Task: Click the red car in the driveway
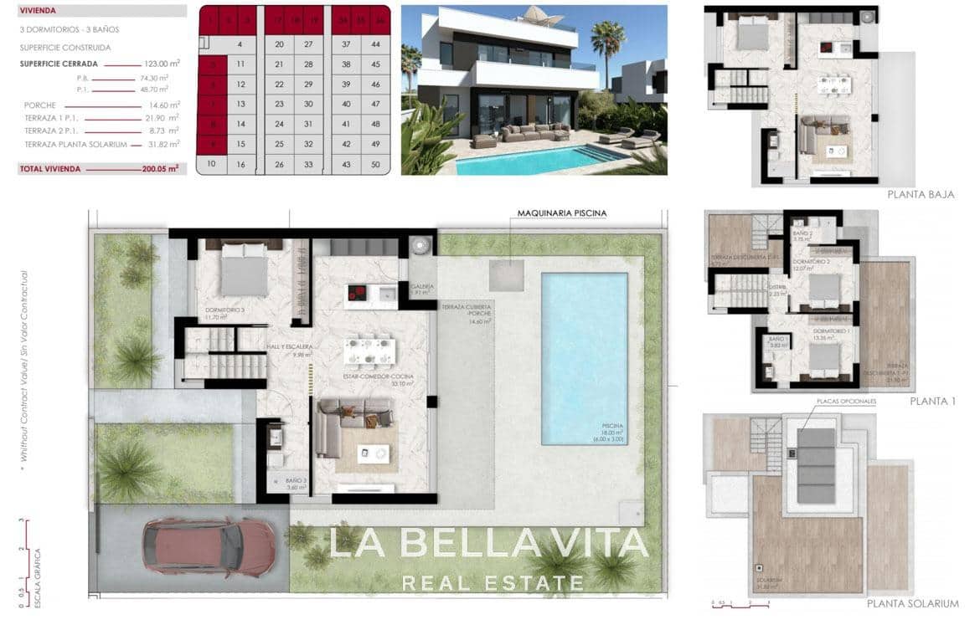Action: coord(209,546)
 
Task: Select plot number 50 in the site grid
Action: coord(375,165)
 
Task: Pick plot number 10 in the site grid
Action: coord(212,164)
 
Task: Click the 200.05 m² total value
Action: coord(161,169)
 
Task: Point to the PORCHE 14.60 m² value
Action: coord(164,105)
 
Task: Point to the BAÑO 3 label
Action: coord(296,481)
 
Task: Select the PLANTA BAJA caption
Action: coord(921,194)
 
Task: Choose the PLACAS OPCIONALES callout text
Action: coord(846,402)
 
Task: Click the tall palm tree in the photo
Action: coord(607,46)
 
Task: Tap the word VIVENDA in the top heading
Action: coord(38,12)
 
